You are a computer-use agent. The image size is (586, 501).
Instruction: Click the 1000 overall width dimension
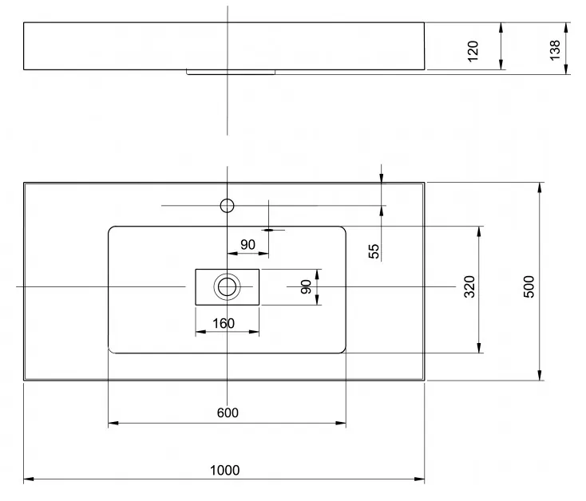point(224,471)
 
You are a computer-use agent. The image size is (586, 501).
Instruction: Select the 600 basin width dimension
point(228,413)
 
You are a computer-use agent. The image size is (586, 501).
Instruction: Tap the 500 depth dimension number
point(529,286)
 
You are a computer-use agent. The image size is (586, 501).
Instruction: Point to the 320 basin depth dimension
point(469,286)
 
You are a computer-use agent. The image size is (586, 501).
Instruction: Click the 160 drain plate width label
point(224,323)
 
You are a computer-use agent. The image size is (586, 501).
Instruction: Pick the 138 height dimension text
point(555,50)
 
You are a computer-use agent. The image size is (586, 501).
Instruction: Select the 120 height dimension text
point(473,51)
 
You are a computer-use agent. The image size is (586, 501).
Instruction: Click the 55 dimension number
point(374,251)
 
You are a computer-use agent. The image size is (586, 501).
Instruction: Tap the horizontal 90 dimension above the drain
point(247,245)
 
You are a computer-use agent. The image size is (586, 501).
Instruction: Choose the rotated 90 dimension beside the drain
point(306,287)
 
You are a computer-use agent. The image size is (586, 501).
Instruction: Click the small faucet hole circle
point(228,206)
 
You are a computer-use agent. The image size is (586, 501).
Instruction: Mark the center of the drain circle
point(227,286)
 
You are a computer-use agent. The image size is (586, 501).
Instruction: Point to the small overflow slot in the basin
point(269,230)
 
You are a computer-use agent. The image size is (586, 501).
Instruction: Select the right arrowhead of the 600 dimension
point(341,423)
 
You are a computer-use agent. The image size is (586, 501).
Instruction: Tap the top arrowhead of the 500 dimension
point(539,187)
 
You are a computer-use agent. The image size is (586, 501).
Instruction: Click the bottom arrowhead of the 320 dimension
point(479,348)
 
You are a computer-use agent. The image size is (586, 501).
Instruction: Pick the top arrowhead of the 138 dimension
point(566,28)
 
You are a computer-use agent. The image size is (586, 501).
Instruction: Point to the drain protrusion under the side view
point(231,72)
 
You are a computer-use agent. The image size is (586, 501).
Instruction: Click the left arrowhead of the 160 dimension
point(200,332)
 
